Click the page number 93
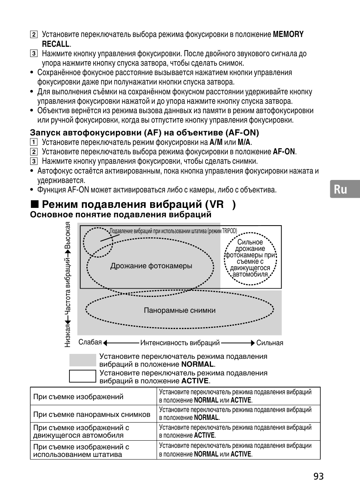pyautogui.click(x=318, y=476)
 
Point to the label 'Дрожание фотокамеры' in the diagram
pyautogui.click(x=151, y=266)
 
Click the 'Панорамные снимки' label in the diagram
pyautogui.click(x=180, y=311)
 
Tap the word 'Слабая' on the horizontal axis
pyautogui.click(x=90, y=342)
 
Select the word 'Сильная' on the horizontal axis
pyautogui.click(x=269, y=343)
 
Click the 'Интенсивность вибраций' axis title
pyautogui.click(x=180, y=343)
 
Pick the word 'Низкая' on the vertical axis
pyautogui.click(x=68, y=336)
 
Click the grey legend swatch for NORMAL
pyautogui.click(x=83, y=360)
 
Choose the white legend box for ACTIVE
pyautogui.click(x=83, y=376)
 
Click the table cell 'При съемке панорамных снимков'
pyautogui.click(x=92, y=414)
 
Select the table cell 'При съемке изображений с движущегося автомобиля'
pyautogui.click(x=81, y=431)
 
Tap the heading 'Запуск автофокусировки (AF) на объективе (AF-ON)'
pyautogui.click(x=145, y=132)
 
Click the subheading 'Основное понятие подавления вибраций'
pyautogui.click(x=121, y=215)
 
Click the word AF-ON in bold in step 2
pyautogui.click(x=284, y=152)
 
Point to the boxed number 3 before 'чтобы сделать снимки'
pyautogui.click(x=34, y=161)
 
